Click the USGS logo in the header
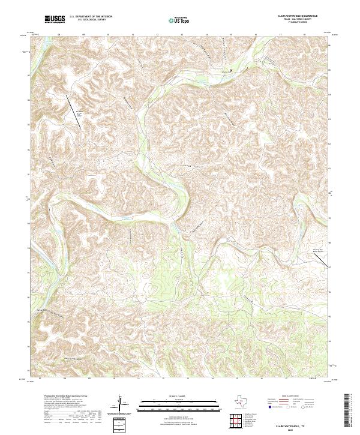pyautogui.click(x=55, y=19)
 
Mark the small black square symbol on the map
pyautogui.click(x=230, y=71)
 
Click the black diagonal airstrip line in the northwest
pyautogui.click(x=74, y=100)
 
